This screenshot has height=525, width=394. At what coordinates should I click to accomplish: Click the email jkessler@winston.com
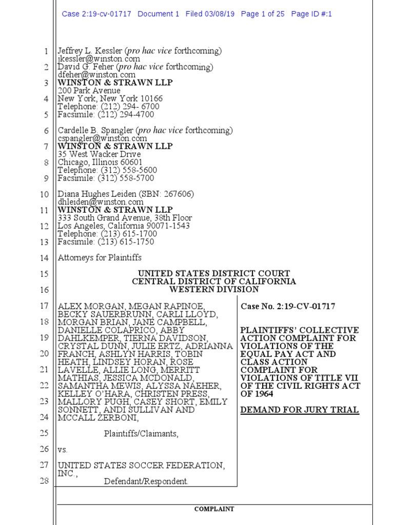98,59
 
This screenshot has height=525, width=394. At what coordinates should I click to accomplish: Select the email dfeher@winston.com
96,75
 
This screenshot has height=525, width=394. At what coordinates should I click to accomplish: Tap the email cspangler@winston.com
102,138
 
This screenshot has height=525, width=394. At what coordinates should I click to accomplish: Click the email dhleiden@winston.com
101,202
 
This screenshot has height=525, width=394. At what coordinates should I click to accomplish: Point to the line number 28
45,481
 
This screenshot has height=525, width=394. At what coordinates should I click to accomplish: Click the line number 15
45,274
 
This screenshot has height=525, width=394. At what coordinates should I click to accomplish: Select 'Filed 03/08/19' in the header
210,14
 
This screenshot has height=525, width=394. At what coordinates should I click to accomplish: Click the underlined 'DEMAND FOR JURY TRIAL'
300,410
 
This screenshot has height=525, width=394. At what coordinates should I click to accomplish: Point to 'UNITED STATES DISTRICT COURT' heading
214,274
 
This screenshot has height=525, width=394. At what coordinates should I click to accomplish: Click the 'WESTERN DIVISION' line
214,290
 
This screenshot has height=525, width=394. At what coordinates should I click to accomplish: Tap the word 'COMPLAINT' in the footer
214,509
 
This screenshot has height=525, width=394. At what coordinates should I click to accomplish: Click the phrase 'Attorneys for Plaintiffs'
100,257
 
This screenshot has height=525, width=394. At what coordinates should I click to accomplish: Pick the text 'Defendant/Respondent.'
146,481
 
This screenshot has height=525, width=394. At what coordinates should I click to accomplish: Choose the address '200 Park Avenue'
89,91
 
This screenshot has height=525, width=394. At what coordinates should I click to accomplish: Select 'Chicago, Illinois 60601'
100,163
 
